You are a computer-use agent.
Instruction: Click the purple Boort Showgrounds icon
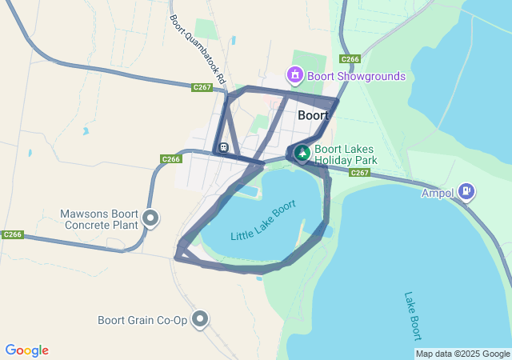click(x=295, y=76)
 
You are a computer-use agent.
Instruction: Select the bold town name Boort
click(x=313, y=115)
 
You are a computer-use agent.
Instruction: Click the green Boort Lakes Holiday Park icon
click(x=302, y=152)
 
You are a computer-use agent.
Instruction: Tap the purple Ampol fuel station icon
click(x=466, y=192)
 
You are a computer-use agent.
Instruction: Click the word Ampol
click(x=438, y=193)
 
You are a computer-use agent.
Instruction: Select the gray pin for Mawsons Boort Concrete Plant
click(x=150, y=218)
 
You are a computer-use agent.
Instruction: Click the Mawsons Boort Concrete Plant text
click(x=99, y=219)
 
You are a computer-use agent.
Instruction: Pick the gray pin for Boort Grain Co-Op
click(x=200, y=320)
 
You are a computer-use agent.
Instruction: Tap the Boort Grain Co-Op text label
click(x=142, y=320)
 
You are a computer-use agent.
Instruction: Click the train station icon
click(x=222, y=147)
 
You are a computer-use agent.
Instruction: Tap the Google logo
click(x=26, y=350)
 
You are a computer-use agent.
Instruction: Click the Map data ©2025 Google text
click(x=462, y=354)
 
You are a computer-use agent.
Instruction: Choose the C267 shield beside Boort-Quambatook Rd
click(x=202, y=87)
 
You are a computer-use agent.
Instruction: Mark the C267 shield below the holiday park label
click(x=359, y=173)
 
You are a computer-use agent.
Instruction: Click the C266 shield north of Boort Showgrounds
click(x=349, y=59)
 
